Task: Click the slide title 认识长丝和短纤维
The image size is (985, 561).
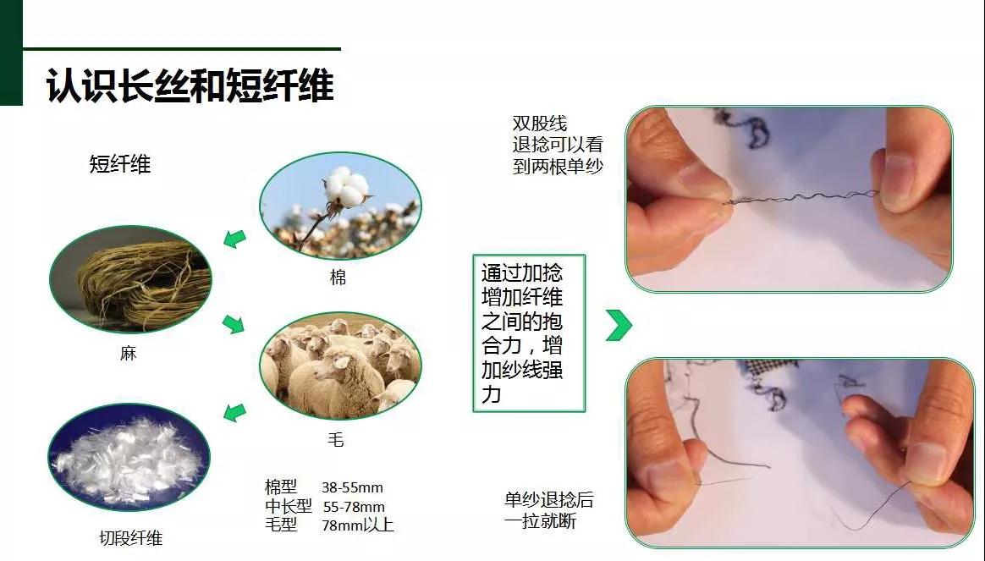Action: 190,85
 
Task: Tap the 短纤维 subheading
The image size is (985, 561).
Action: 120,164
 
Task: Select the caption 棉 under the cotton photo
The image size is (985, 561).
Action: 338,277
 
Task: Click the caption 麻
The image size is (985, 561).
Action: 128,353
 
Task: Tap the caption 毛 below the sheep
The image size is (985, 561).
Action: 336,440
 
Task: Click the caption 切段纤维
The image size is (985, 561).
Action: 130,538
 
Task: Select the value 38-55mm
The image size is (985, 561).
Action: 352,487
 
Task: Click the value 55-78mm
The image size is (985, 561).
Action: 354,506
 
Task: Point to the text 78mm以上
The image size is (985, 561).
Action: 357,525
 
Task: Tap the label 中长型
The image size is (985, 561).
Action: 289,506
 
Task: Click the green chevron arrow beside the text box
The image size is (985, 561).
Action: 619,326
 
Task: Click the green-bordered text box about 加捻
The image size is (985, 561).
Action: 529,333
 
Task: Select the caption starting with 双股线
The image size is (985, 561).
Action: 558,145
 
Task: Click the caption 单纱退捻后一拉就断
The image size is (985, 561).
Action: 549,510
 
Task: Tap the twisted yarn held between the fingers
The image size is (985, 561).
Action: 801,198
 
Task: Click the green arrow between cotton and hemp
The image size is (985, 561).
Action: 235,239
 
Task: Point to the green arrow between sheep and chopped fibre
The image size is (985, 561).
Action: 235,412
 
